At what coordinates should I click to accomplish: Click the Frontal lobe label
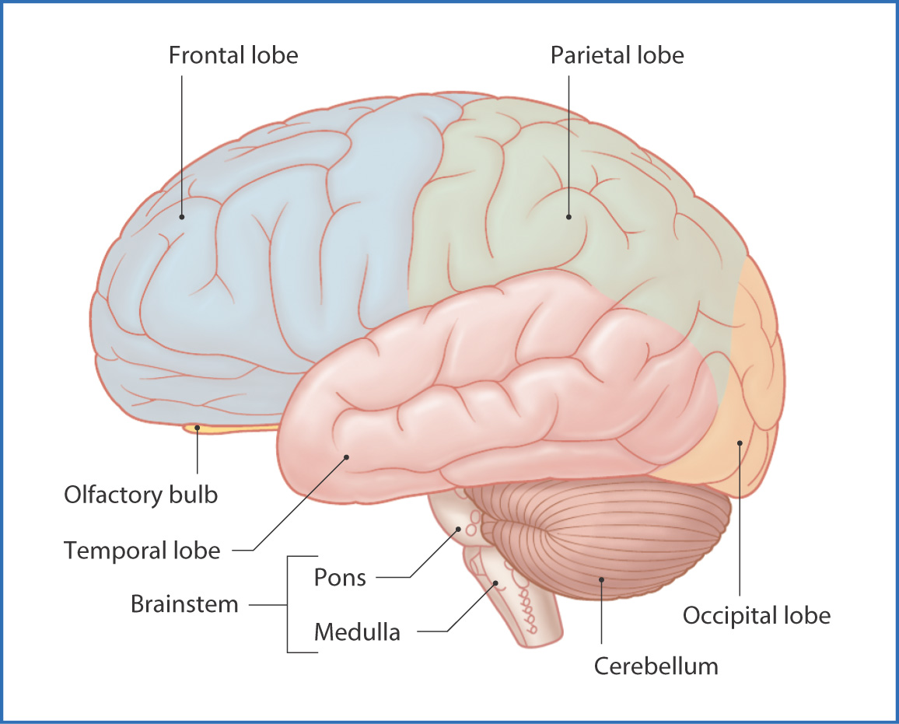tap(233, 56)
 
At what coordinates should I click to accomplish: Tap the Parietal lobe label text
tap(617, 56)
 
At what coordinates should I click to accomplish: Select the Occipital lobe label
tap(756, 616)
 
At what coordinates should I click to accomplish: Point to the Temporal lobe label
tap(142, 551)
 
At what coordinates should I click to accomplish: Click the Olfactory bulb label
tap(141, 495)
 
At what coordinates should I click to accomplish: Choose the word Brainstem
tap(184, 604)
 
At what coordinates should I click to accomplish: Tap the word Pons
tap(340, 577)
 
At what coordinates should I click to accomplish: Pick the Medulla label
tap(357, 631)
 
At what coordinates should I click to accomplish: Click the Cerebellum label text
tap(656, 666)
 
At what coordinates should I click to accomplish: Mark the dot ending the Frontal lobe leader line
tap(182, 217)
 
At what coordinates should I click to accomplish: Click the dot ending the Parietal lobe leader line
tap(568, 217)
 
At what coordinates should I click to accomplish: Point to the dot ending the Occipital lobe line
tap(740, 443)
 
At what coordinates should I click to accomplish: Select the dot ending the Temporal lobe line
tap(347, 457)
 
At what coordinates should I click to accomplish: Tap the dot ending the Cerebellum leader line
tap(602, 579)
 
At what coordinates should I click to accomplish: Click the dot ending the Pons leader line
tap(459, 529)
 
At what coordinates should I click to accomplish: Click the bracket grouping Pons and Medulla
tap(289, 604)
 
